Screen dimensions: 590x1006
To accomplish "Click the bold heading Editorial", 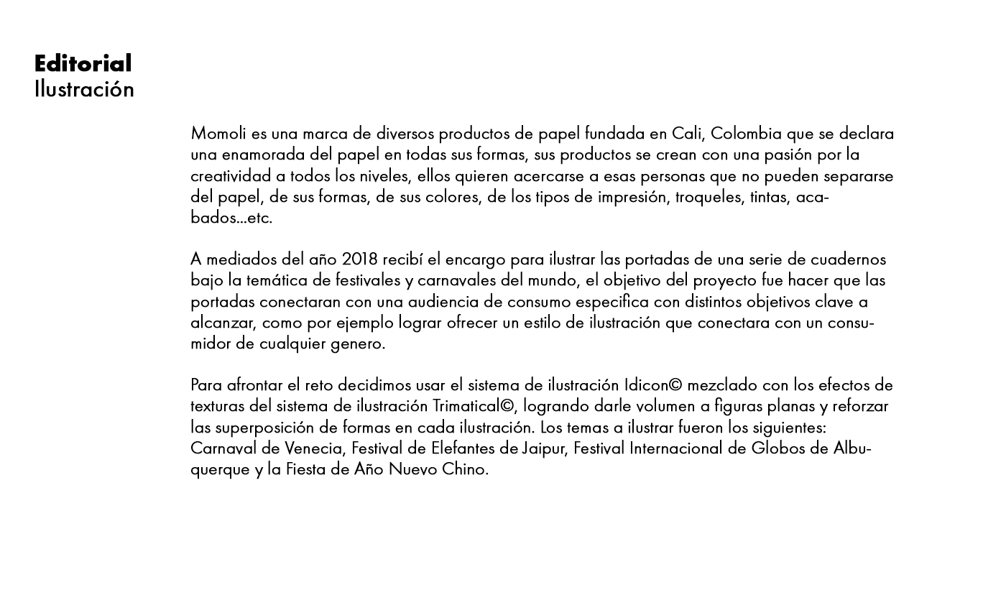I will point(83,64).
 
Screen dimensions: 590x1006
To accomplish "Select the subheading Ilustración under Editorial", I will point(84,90).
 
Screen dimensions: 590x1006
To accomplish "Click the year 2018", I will point(360,259).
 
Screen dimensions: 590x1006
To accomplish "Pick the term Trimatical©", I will point(474,406).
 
